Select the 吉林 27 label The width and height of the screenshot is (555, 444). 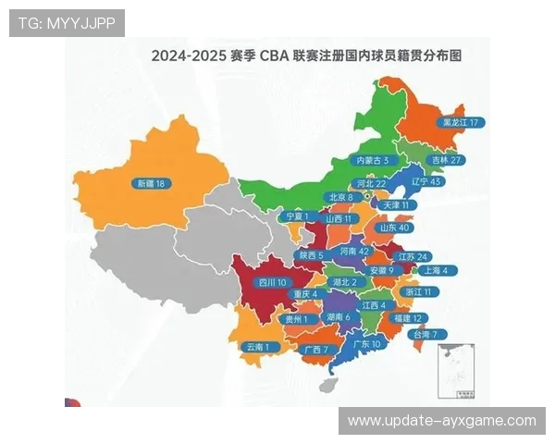pyautogui.click(x=448, y=159)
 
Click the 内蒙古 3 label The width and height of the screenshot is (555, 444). pyautogui.click(x=377, y=160)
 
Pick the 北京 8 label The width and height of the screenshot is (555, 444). pyautogui.click(x=340, y=197)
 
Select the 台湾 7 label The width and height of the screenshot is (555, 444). pyautogui.click(x=431, y=334)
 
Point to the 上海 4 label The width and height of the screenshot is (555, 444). pyautogui.click(x=434, y=271)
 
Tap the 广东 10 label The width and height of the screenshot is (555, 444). pyautogui.click(x=373, y=343)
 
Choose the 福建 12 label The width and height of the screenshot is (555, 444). pyautogui.click(x=407, y=317)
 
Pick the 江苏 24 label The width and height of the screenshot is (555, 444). pyautogui.click(x=413, y=256)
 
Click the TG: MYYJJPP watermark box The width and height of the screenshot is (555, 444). pyautogui.click(x=67, y=22)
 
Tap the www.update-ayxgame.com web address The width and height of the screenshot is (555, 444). pyautogui.click(x=441, y=421)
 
